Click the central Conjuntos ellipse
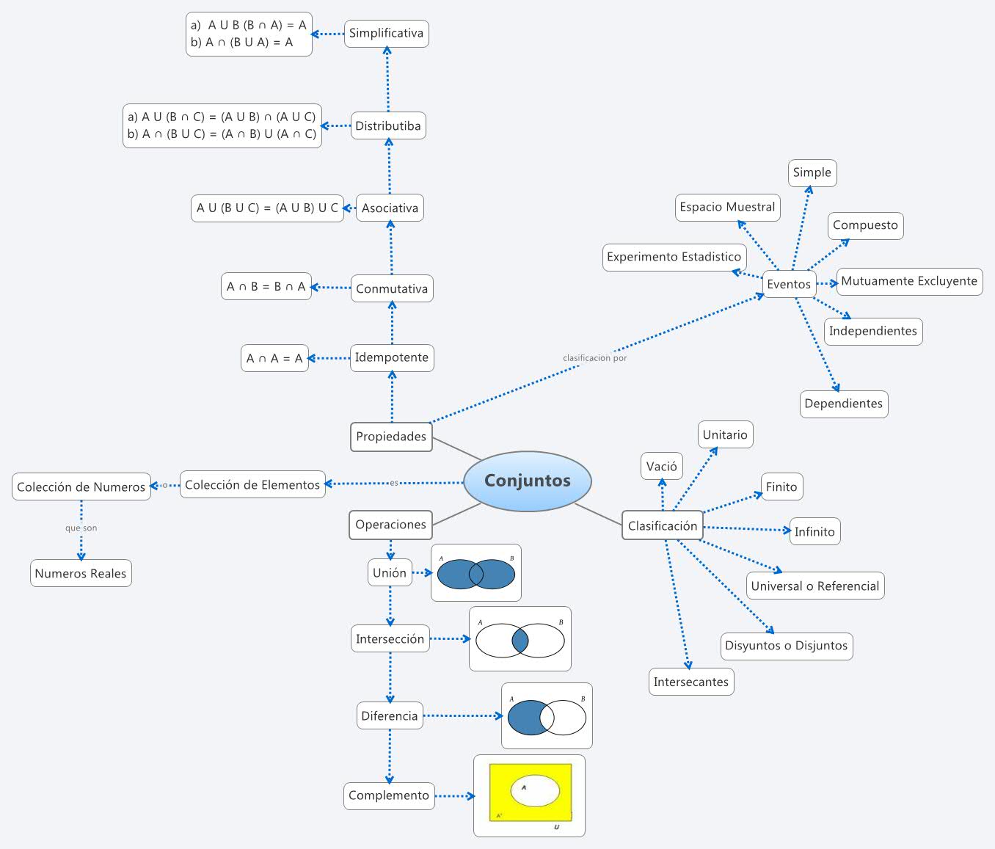[x=527, y=481]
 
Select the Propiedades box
[x=391, y=437]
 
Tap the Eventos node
[x=789, y=284]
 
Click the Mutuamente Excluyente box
[x=909, y=281]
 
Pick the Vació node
[x=661, y=466]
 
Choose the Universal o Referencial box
[x=814, y=586]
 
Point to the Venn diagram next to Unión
[x=475, y=573]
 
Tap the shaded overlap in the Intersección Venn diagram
[x=520, y=640]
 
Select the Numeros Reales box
[x=81, y=573]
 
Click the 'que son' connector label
[x=81, y=528]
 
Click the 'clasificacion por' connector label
[x=594, y=358]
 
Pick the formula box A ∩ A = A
[x=274, y=358]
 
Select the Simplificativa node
[x=386, y=33]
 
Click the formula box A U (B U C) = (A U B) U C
[x=267, y=208]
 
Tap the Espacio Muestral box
[x=727, y=207]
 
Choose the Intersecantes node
[x=690, y=682]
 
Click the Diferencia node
[x=389, y=715]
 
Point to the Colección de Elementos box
[x=252, y=484]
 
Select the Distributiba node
[x=388, y=125]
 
